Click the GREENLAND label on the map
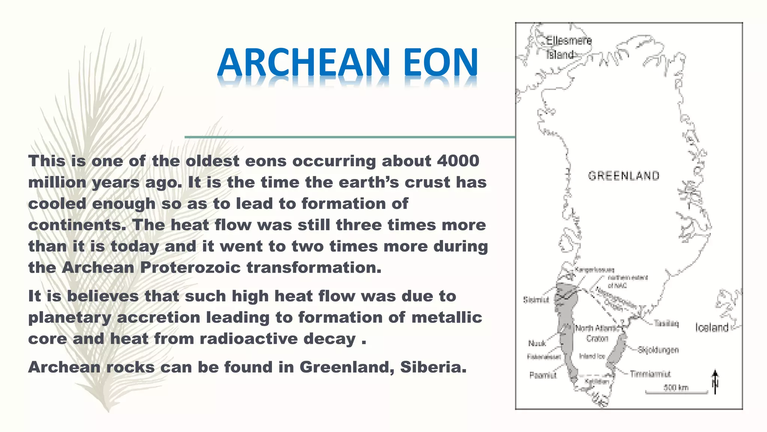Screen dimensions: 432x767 (624, 176)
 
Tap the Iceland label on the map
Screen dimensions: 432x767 (712, 328)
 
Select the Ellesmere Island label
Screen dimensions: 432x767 (569, 47)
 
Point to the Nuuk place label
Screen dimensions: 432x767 (537, 343)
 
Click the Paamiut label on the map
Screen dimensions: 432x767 (543, 375)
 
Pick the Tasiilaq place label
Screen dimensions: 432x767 (666, 324)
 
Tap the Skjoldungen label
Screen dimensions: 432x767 (658, 350)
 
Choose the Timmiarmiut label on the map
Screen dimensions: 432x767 (650, 374)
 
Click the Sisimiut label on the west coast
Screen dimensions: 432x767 (536, 300)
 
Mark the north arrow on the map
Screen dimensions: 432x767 (715, 382)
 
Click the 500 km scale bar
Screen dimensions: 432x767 (676, 392)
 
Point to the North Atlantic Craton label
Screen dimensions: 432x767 (598, 333)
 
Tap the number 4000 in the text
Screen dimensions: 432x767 (458, 161)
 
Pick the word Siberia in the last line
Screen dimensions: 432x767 (433, 367)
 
